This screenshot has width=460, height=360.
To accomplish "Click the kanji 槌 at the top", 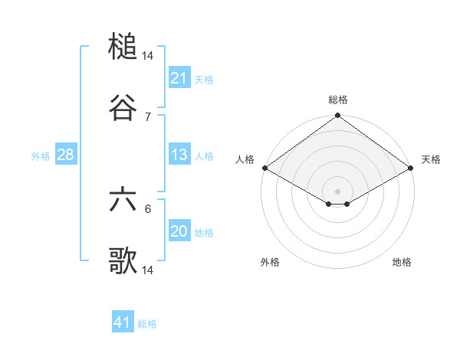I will point(123,47).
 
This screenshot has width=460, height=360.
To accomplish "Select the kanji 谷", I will point(123,108).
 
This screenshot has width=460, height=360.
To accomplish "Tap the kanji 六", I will point(123,200).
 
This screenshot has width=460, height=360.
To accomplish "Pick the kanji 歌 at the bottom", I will point(123,260).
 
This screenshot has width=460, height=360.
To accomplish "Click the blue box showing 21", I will point(179,78).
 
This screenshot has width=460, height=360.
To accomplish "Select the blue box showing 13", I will point(179,155).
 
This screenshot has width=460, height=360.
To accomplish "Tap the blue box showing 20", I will point(179,231).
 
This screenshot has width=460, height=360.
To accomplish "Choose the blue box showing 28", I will point(66,155).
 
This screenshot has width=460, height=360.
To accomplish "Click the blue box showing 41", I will point(123,322).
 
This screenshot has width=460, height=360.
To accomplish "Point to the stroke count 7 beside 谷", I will point(148,116).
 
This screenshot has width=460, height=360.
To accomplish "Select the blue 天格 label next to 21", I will point(204,79).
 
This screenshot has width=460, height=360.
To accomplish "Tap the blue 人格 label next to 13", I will point(204,155).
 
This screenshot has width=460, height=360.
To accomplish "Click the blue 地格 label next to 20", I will point(204,232).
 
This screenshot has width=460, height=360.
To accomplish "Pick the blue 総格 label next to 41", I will point(147,323).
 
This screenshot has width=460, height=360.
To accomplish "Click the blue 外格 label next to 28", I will point(41,155).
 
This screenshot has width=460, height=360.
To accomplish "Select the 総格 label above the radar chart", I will point(338,100).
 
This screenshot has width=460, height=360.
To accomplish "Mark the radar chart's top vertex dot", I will point(338,116).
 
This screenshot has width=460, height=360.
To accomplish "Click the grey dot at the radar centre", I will point(338,191).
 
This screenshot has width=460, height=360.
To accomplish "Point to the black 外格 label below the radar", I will point(270,262).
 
